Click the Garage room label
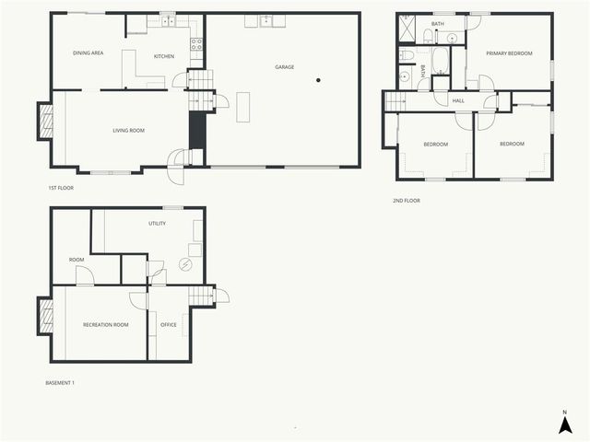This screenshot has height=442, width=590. [285, 66]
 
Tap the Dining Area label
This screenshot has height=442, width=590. [88, 53]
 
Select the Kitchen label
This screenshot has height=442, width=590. [164, 57]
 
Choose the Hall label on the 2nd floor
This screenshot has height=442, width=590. [457, 100]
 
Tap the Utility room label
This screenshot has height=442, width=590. [157, 224]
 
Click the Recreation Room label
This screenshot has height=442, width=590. [105, 324]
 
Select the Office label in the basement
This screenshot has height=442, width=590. [169, 324]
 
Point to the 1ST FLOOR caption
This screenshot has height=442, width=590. [61, 188]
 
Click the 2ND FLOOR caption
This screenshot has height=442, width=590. [406, 200]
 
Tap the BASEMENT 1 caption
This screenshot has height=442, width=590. [60, 382]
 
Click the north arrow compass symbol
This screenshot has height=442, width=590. [566, 423]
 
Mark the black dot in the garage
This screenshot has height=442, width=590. [318, 80]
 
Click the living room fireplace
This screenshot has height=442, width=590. [45, 121]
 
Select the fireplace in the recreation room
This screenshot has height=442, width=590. [45, 318]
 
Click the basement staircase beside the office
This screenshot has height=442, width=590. [199, 296]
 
